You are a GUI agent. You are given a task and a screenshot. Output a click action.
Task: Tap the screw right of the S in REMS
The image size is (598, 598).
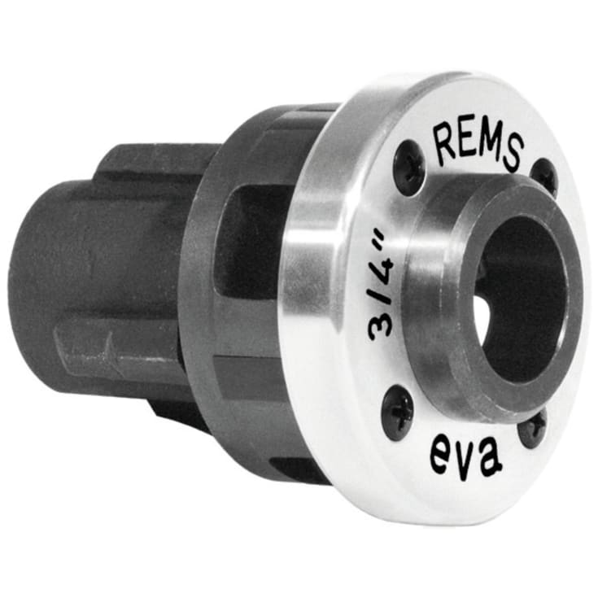[x=543, y=177]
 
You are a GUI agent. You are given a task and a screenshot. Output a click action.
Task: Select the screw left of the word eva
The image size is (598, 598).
[x=399, y=408]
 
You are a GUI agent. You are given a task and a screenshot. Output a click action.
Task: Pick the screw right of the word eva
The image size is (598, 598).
[x=532, y=430]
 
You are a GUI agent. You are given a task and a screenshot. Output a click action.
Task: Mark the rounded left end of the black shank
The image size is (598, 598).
[x=37, y=277]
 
